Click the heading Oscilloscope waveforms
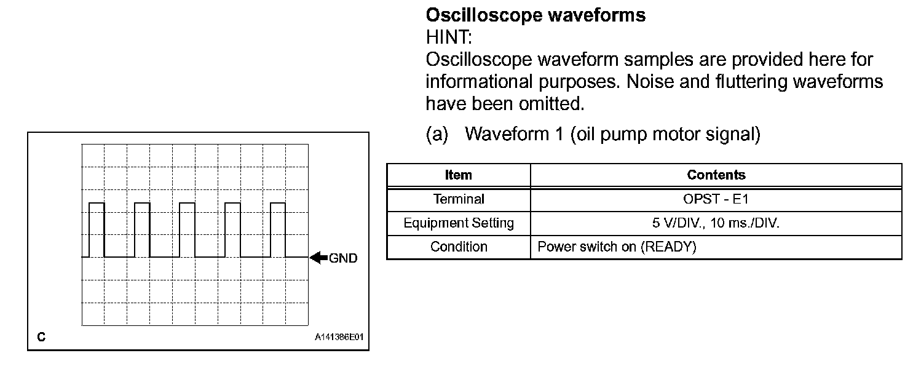point(535,15)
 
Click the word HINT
point(448,38)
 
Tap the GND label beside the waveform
point(343,258)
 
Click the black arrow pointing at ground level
point(318,258)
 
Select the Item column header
point(458,175)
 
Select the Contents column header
point(716,175)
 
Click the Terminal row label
point(459,199)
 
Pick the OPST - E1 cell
point(716,199)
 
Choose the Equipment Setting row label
point(459,223)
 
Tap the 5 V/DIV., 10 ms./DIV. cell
point(716,223)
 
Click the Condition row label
point(459,247)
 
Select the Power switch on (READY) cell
point(617,247)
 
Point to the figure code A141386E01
point(339,337)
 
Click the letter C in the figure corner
point(41,337)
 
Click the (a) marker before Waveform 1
point(437,134)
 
